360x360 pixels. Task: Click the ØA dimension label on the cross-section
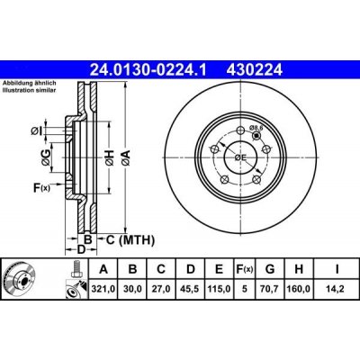pos(126,158)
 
